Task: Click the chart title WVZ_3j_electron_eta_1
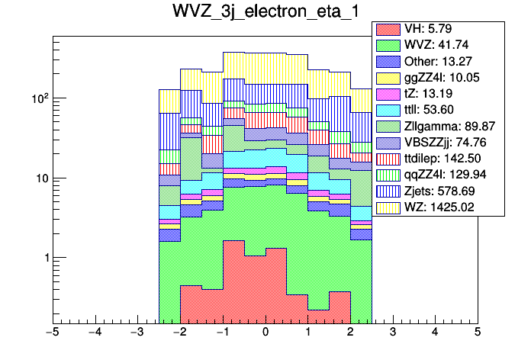[x=265, y=13]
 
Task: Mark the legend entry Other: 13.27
[x=439, y=61]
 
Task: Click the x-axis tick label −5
[x=53, y=333]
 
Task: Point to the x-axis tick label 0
[x=265, y=333]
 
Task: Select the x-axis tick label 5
[x=478, y=333]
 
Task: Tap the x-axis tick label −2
[x=179, y=333]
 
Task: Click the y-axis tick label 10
[x=40, y=178]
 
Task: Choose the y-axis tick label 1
[x=43, y=258]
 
